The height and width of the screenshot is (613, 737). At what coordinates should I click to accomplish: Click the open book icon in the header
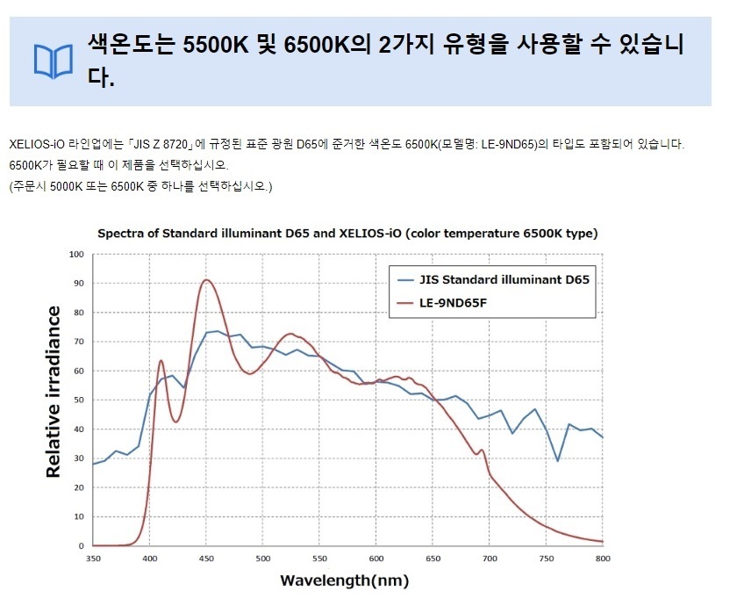pyautogui.click(x=54, y=61)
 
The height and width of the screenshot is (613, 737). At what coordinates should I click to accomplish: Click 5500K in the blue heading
pyautogui.click(x=215, y=45)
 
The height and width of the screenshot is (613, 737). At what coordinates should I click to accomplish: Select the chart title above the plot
pyautogui.click(x=347, y=234)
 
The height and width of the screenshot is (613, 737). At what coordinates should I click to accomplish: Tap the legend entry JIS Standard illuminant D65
pyautogui.click(x=493, y=279)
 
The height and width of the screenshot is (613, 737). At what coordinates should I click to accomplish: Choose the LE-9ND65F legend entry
pyautogui.click(x=442, y=303)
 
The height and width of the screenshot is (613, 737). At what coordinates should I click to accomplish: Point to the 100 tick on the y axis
pyautogui.click(x=76, y=255)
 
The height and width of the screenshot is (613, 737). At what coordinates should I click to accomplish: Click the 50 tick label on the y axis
pyautogui.click(x=78, y=400)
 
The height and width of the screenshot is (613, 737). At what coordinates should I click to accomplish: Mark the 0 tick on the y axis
pyautogui.click(x=82, y=546)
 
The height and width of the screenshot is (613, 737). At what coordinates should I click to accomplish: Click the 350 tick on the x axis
pyautogui.click(x=93, y=559)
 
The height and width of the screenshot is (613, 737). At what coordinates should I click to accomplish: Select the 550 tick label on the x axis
pyautogui.click(x=319, y=559)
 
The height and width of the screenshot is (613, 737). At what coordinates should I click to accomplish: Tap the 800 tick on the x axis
pyautogui.click(x=603, y=559)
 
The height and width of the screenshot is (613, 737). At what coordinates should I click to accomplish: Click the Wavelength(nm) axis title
pyautogui.click(x=345, y=581)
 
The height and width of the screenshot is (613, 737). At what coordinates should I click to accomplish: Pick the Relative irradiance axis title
pyautogui.click(x=54, y=392)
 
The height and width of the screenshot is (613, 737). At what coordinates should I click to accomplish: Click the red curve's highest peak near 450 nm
pyautogui.click(x=206, y=280)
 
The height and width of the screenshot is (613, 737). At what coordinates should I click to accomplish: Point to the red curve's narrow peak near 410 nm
pyautogui.click(x=161, y=361)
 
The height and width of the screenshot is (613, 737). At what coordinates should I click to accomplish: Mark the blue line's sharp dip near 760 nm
pyautogui.click(x=558, y=460)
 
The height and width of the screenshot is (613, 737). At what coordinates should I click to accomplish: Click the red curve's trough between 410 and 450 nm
pyautogui.click(x=175, y=422)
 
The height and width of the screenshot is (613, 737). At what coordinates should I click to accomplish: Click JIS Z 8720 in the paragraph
pyautogui.click(x=161, y=144)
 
